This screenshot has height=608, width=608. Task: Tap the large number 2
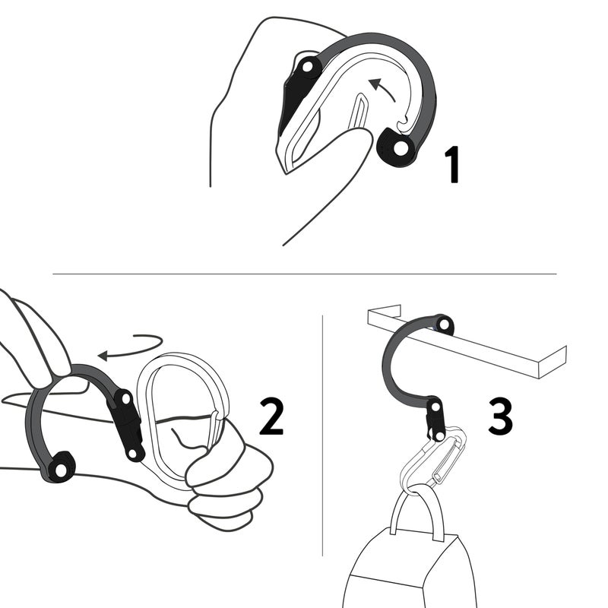[271, 417]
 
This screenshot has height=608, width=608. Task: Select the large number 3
[499, 416]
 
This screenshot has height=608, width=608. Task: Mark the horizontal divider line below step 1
[304, 274]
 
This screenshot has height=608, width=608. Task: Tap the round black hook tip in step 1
[396, 147]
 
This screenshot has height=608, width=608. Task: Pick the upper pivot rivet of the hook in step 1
[308, 68]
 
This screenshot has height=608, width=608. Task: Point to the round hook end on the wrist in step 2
[59, 466]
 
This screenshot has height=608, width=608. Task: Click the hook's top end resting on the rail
[444, 325]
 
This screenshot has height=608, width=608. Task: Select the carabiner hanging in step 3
[433, 464]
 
